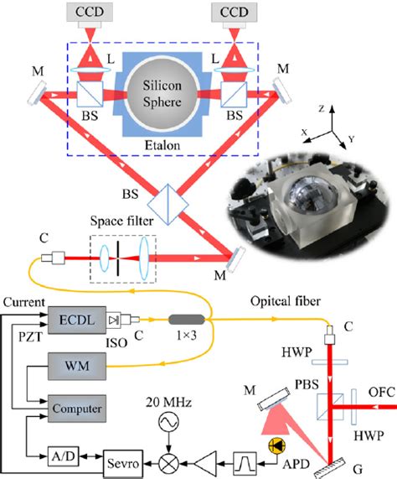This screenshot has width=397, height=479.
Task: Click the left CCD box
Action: coord(93,13)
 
